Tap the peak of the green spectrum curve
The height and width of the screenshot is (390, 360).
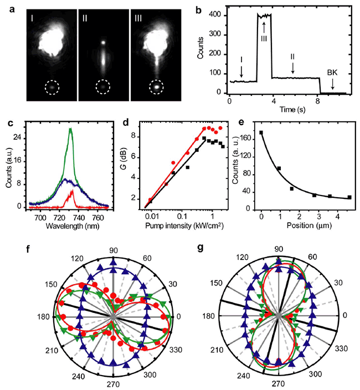coord(70,129)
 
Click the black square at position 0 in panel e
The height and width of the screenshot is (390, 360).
coord(261,133)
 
